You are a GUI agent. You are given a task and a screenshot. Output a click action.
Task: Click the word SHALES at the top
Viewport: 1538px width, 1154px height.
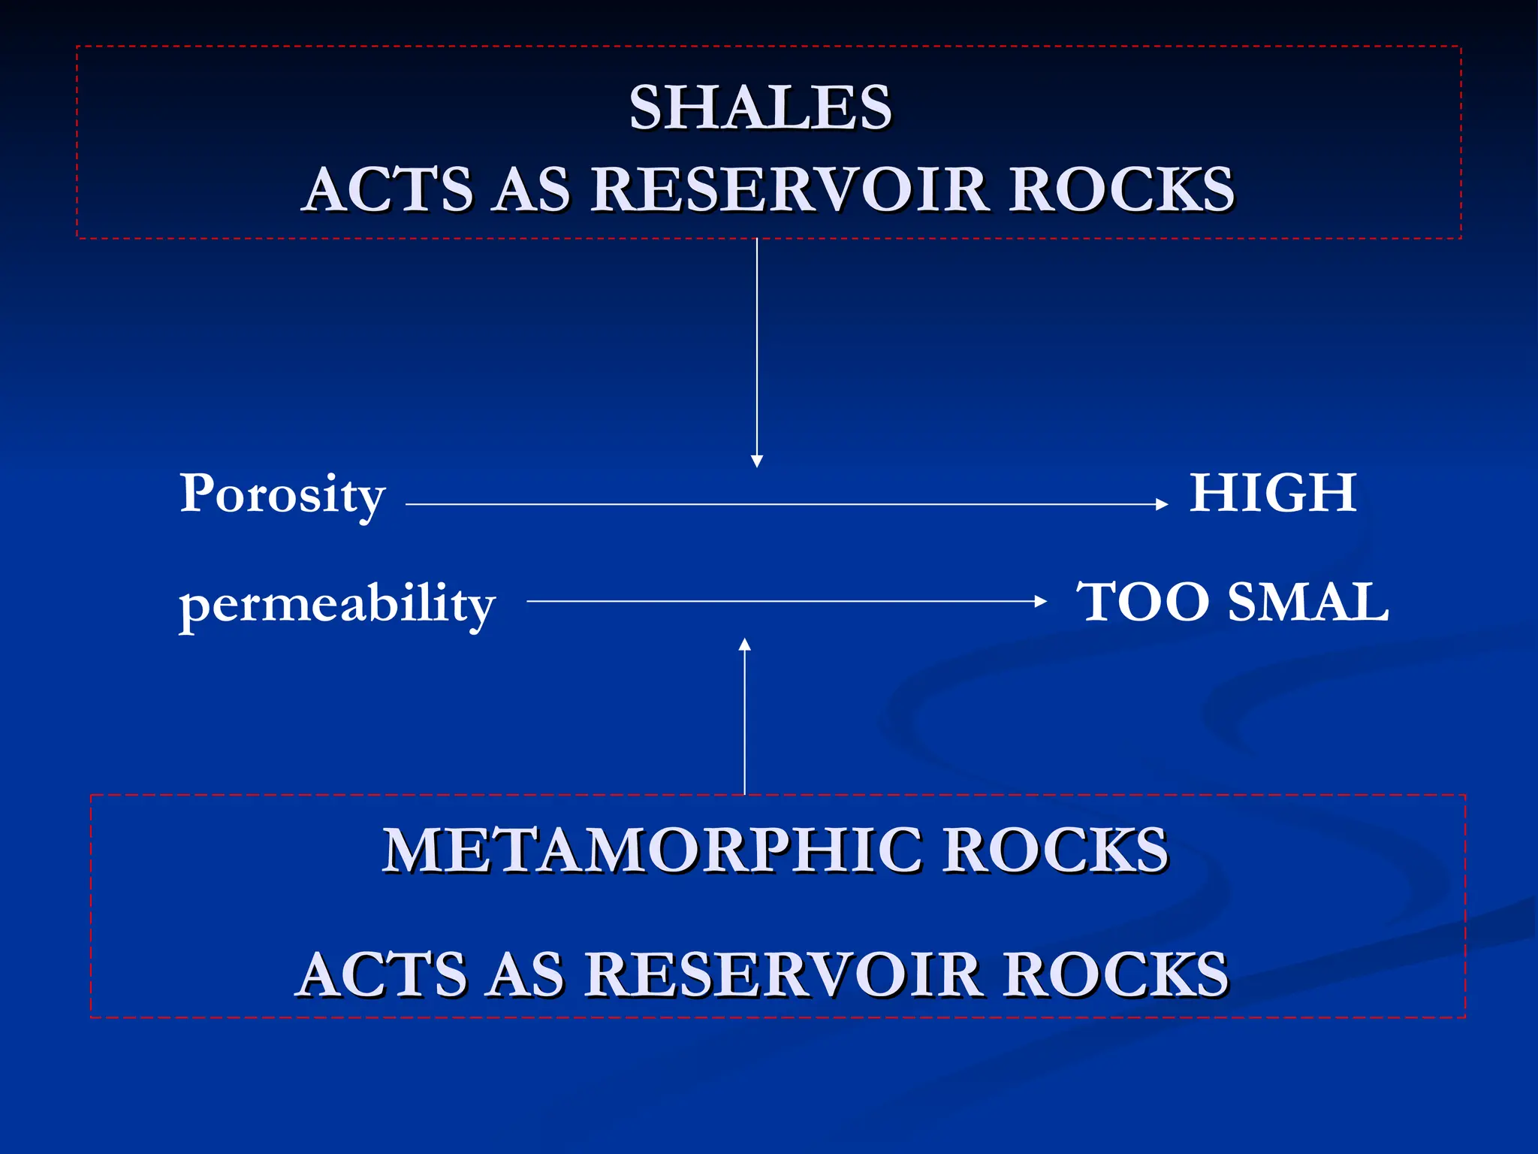point(760,107)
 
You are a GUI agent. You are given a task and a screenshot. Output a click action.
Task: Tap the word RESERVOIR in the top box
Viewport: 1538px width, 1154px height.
point(789,189)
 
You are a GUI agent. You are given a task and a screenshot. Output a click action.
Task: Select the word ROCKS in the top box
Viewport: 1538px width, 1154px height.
point(1120,189)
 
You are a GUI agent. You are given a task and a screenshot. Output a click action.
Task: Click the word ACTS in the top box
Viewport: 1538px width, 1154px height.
point(389,189)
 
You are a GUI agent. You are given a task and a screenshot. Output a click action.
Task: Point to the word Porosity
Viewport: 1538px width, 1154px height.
point(282,496)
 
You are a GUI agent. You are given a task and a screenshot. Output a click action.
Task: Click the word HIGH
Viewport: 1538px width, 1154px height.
point(1273,493)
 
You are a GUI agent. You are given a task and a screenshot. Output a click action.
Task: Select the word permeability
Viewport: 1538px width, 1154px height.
point(337,605)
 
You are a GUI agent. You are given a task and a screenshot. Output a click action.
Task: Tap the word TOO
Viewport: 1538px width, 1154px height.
point(1141,603)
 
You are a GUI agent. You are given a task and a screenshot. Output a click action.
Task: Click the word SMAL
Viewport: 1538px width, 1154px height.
point(1308,603)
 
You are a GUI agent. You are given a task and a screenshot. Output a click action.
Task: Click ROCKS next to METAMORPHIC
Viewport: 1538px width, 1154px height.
point(1055,851)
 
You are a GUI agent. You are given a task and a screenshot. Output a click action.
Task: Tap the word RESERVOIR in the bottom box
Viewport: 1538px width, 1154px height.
point(783,974)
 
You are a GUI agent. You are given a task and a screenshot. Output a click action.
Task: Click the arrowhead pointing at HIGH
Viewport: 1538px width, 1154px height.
point(1163,505)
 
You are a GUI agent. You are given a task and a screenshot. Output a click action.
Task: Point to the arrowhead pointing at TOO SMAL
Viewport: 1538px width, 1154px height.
point(1041,601)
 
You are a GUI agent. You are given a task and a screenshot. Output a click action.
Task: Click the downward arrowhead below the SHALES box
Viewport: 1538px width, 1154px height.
point(757,461)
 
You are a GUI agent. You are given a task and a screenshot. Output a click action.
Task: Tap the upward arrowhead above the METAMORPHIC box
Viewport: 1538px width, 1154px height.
point(745,645)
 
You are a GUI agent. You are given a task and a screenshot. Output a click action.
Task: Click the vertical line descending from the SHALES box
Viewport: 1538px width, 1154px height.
point(757,346)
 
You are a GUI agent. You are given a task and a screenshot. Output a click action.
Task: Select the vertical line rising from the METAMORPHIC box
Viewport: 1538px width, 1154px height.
point(745,721)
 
